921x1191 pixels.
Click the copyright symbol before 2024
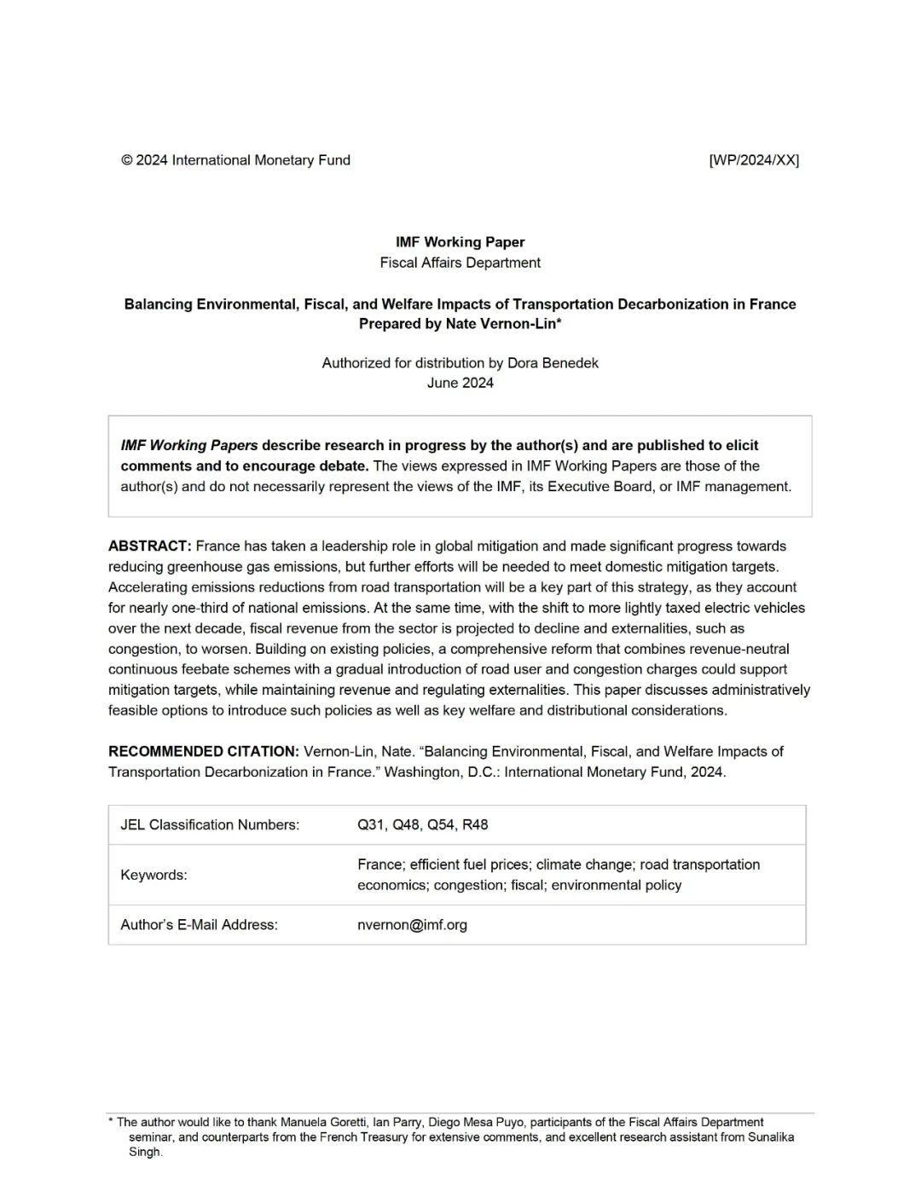pos(127,160)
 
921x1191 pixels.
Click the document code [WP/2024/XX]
pos(754,160)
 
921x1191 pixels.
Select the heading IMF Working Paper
pos(460,242)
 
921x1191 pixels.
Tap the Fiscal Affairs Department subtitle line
pos(460,263)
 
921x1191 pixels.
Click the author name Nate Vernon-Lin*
pos(503,324)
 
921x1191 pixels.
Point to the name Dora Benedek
pos(553,363)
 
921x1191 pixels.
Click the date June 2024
pos(460,383)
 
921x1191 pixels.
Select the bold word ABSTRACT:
pos(149,546)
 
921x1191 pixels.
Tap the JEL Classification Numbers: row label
pos(210,825)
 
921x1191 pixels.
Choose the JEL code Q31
pos(371,825)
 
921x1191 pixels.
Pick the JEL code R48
pos(475,825)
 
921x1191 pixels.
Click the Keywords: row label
pos(153,876)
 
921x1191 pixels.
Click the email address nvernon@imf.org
pos(412,925)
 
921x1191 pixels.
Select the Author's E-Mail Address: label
pos(199,925)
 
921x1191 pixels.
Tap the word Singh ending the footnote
pos(144,1153)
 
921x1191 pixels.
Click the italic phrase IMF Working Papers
pos(189,446)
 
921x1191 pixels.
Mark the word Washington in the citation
pos(421,772)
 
